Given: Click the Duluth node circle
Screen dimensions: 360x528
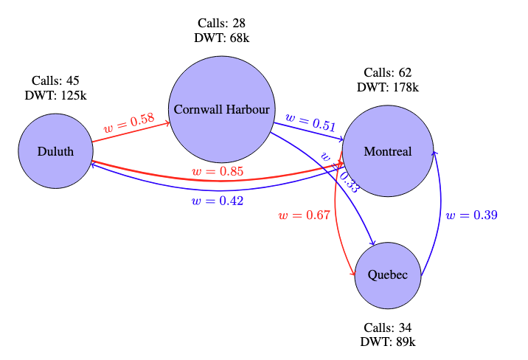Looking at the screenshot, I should pos(56,152).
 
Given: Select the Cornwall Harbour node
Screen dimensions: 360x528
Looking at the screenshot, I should pos(222,109).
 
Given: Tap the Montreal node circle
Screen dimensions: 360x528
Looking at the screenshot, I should pos(388,152).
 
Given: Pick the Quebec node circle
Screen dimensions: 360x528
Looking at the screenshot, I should pos(388,275).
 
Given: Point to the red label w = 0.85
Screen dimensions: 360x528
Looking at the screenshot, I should pos(218,172).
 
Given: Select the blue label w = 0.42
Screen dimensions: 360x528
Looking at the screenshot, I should pos(217,201).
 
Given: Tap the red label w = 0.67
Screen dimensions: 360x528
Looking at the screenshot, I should pos(304,215).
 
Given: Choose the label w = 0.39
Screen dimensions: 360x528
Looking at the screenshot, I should pos(472,215).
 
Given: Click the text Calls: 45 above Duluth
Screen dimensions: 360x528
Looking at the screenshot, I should pos(56,80).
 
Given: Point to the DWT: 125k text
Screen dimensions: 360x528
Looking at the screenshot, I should pos(56,95).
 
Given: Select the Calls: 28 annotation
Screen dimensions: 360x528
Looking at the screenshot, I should pos(222,24).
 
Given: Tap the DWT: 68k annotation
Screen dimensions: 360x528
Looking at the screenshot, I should pos(222,39).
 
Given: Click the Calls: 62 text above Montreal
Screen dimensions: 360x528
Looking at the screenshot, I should pos(388,72).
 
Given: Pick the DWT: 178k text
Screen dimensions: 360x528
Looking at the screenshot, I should pos(388,87).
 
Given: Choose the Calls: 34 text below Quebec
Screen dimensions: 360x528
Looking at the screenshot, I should pos(388,328).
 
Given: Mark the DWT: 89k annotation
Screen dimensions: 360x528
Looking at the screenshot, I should pos(388,342).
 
